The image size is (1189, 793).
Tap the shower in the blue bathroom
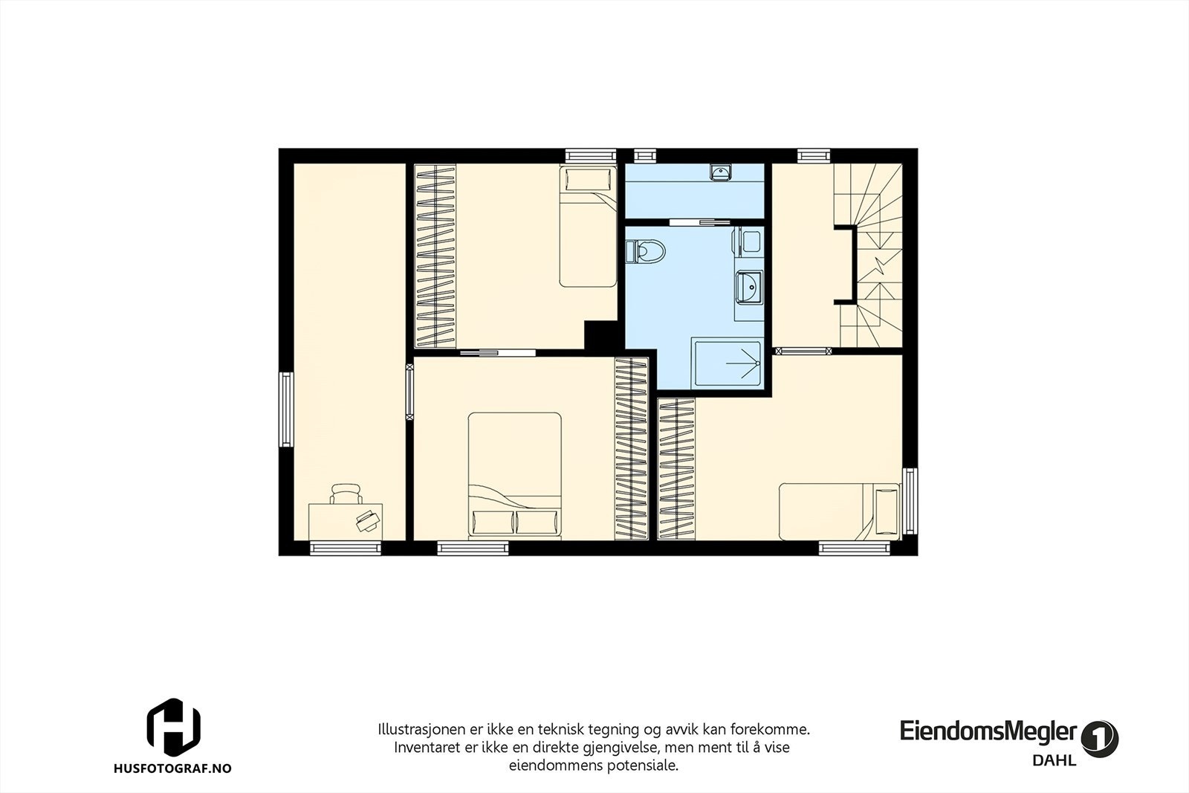pyautogui.click(x=728, y=363)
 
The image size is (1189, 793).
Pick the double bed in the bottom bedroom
pyautogui.click(x=514, y=476)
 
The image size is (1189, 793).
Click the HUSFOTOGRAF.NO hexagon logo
pyautogui.click(x=173, y=726)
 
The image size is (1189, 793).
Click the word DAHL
pyautogui.click(x=1054, y=760)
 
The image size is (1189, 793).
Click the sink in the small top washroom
pyautogui.click(x=720, y=172)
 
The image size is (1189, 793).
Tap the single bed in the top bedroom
pyautogui.click(x=588, y=227)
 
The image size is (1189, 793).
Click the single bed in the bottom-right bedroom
pyautogui.click(x=840, y=511)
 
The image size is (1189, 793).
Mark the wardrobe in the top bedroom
pyautogui.click(x=435, y=255)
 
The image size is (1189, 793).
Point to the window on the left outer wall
pyautogui.click(x=286, y=409)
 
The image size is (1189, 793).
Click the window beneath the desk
pyautogui.click(x=346, y=548)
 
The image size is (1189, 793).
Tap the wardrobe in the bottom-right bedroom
pyautogui.click(x=676, y=470)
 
